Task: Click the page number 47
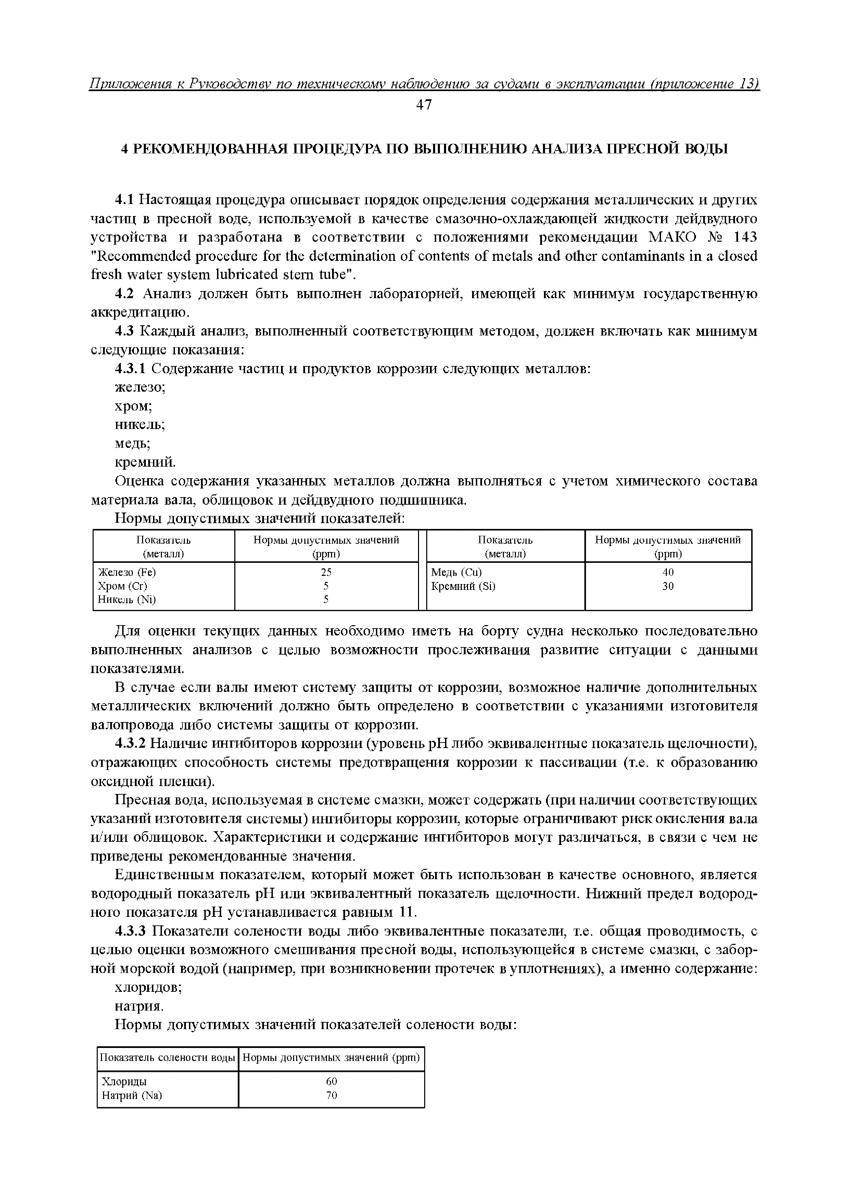(x=424, y=105)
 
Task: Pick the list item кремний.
(x=145, y=463)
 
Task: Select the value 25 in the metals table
(x=326, y=572)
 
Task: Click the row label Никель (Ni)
(x=127, y=599)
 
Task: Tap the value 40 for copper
(x=668, y=572)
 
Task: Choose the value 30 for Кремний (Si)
(x=668, y=586)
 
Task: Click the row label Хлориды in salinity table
(x=124, y=1081)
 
